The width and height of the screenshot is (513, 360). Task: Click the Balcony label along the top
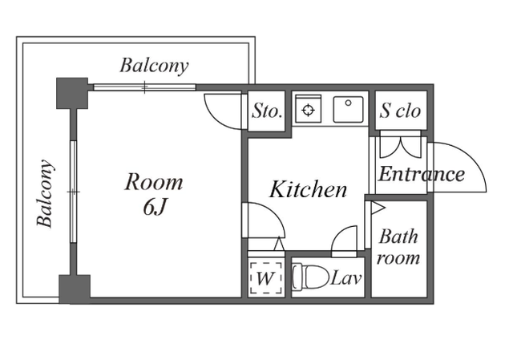tap(154, 66)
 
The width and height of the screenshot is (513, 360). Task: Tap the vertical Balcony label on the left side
tap(45, 193)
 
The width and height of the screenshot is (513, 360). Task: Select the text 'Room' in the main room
tap(154, 182)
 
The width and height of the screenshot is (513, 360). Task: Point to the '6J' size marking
tap(156, 207)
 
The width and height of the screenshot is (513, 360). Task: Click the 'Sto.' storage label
tap(267, 111)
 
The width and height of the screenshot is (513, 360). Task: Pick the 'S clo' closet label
tap(400, 111)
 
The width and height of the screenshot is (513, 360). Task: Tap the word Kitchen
tap(308, 189)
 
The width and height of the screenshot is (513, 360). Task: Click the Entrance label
tap(422, 174)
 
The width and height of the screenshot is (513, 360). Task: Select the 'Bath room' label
tap(398, 247)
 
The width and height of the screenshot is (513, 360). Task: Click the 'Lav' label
tap(346, 279)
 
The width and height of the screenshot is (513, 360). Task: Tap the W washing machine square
tap(265, 278)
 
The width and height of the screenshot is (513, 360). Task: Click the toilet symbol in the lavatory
tap(310, 277)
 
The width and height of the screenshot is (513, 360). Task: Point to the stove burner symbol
tap(308, 110)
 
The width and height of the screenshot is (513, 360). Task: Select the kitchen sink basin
tap(348, 109)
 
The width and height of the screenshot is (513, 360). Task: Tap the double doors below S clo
tap(400, 147)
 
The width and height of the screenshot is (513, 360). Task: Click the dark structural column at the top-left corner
tap(72, 93)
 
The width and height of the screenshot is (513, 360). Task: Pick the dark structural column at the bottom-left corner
tap(75, 289)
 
